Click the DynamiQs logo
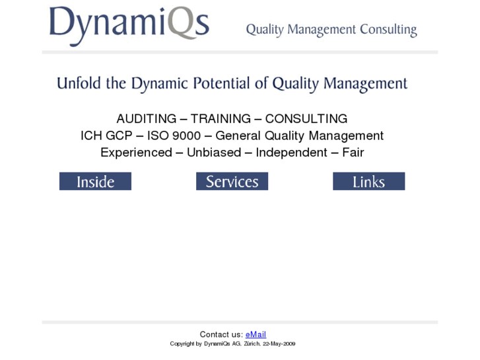point(129,24)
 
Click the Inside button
point(95,182)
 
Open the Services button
point(232,182)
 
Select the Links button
point(368,182)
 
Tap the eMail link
point(256,335)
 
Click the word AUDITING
point(146,119)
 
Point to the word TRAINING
point(221,119)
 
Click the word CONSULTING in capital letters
point(306,119)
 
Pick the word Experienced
point(136,153)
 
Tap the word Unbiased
point(214,153)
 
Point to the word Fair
point(353,153)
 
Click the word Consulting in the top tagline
point(388,30)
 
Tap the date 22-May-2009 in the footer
point(279,344)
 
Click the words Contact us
point(221,335)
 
